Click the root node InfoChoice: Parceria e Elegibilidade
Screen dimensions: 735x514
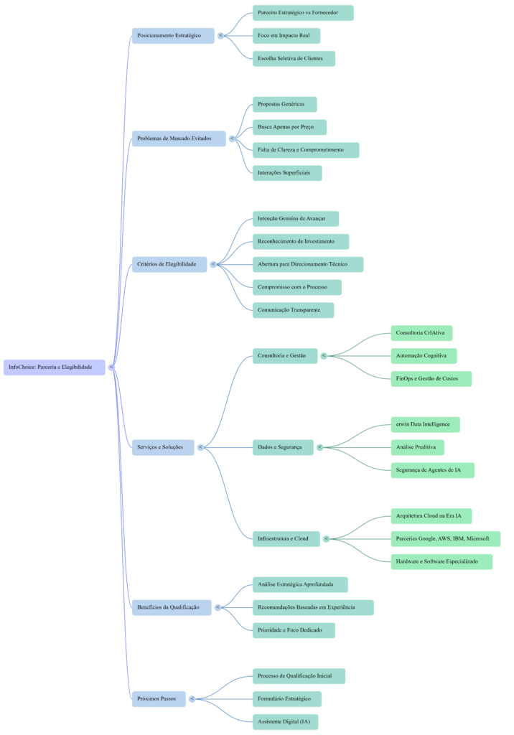(54, 367)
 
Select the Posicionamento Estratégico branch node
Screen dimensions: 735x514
(172, 36)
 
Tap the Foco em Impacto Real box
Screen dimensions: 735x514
(286, 36)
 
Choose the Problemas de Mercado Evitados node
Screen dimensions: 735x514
(178, 139)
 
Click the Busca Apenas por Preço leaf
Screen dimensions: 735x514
(289, 127)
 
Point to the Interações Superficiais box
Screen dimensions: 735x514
(286, 173)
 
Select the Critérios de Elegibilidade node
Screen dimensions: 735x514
(169, 264)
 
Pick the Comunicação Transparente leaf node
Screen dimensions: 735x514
(293, 310)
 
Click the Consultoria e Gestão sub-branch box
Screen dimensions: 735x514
(284, 355)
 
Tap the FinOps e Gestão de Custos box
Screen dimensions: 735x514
(431, 378)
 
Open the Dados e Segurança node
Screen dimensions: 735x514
(282, 447)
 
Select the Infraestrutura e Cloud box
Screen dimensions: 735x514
(286, 538)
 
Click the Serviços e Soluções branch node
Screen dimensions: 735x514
(163, 447)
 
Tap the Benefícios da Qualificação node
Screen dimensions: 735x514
(171, 607)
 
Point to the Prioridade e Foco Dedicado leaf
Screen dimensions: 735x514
(294, 630)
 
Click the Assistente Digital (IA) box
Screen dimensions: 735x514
(285, 721)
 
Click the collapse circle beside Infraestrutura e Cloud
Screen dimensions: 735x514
(326, 538)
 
